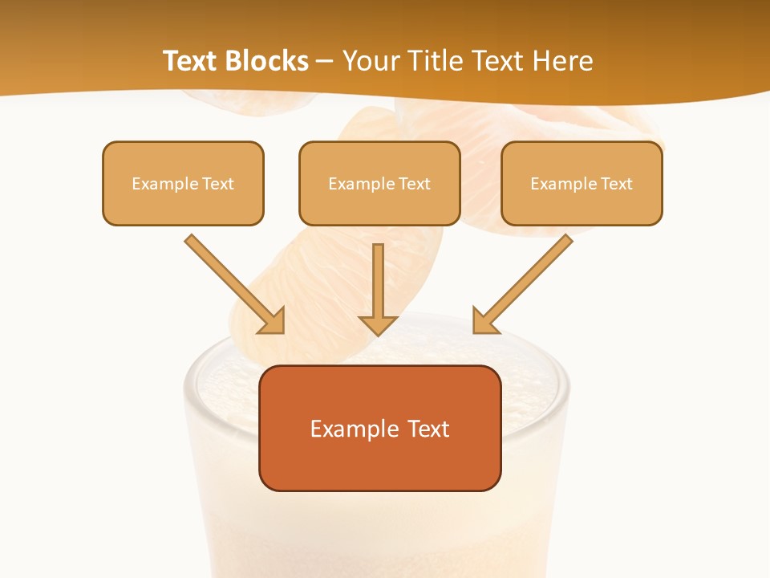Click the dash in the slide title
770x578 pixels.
[x=325, y=62]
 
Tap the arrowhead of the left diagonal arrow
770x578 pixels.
[x=272, y=321]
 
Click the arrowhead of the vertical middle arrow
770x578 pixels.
[x=379, y=324]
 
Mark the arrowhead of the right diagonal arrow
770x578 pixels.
[x=485, y=321]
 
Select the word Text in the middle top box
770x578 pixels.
[x=415, y=184]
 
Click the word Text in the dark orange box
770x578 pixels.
[x=429, y=429]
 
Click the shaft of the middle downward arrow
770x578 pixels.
[x=379, y=277]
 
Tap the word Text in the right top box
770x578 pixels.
[x=617, y=184]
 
